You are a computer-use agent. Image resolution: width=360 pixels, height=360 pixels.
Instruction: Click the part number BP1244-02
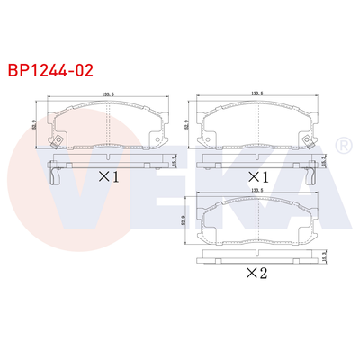50,67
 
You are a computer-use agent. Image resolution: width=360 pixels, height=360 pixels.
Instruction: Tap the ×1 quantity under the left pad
107,175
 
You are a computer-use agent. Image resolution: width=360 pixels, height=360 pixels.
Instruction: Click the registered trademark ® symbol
342,145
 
